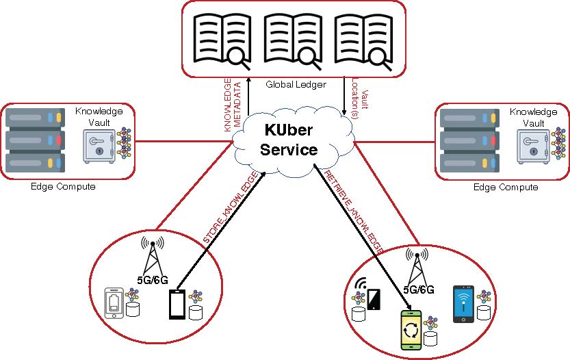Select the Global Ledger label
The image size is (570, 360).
click(x=295, y=84)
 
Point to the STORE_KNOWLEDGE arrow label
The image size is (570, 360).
click(x=231, y=209)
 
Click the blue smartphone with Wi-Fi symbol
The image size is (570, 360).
click(x=465, y=304)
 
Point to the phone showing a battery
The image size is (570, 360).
click(x=114, y=303)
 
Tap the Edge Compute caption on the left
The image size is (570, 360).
click(x=63, y=187)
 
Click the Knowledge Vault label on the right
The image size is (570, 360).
click(x=533, y=116)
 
